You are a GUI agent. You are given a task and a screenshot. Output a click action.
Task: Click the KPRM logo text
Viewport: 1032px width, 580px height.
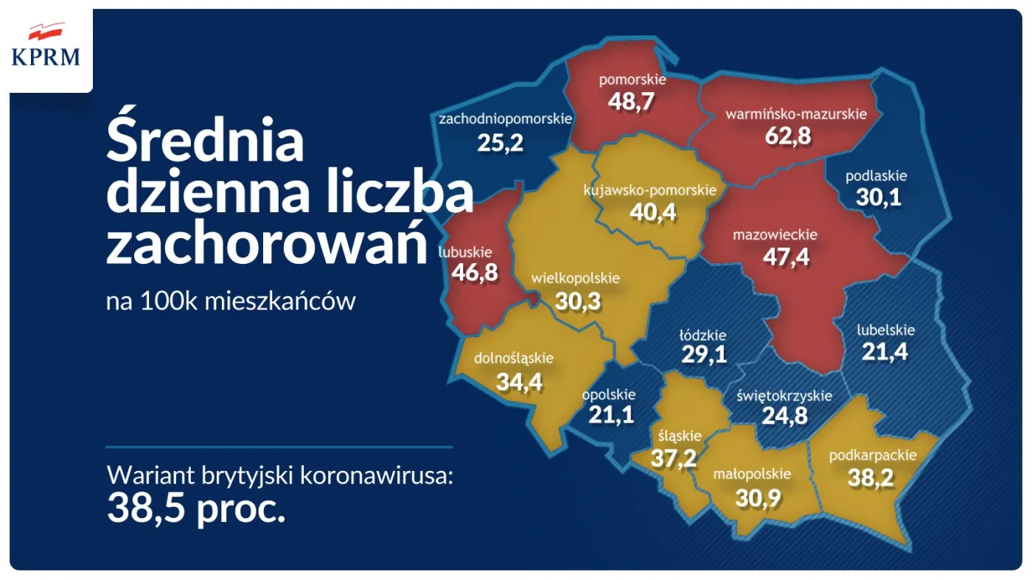[x=46, y=57]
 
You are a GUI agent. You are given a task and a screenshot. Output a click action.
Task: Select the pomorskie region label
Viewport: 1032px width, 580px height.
[x=632, y=80]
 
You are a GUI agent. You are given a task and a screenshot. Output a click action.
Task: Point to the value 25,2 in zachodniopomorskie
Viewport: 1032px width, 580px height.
[x=500, y=142]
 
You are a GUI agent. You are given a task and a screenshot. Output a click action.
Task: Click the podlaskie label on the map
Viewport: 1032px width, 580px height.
[x=876, y=176]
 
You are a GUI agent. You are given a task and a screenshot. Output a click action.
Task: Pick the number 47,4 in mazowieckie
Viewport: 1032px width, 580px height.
[x=785, y=257]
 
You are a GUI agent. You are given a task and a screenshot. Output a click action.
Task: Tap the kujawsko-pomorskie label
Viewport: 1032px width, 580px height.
[x=649, y=190]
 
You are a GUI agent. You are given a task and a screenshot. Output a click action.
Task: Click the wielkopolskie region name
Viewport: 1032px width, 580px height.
[x=576, y=279]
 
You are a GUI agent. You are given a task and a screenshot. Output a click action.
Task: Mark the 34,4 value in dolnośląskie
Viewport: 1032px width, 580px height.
[x=514, y=382]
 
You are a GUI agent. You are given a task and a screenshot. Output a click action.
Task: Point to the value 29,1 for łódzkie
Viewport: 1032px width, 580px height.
[x=702, y=354]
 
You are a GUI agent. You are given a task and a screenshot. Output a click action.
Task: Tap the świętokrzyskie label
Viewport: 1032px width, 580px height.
[x=784, y=396]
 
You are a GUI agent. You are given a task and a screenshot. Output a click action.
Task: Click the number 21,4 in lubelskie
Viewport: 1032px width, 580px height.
[x=884, y=352]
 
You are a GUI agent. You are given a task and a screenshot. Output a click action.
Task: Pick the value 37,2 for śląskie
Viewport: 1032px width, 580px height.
[x=674, y=458]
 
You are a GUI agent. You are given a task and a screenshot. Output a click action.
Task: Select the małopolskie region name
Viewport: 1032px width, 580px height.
[x=751, y=475]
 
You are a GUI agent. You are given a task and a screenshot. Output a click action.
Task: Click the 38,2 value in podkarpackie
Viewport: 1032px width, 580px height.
[x=871, y=478]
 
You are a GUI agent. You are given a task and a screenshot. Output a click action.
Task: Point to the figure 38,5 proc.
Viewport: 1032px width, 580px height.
[x=196, y=508]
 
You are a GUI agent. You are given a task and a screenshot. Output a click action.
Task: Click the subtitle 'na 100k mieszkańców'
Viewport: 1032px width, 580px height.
[x=231, y=301]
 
